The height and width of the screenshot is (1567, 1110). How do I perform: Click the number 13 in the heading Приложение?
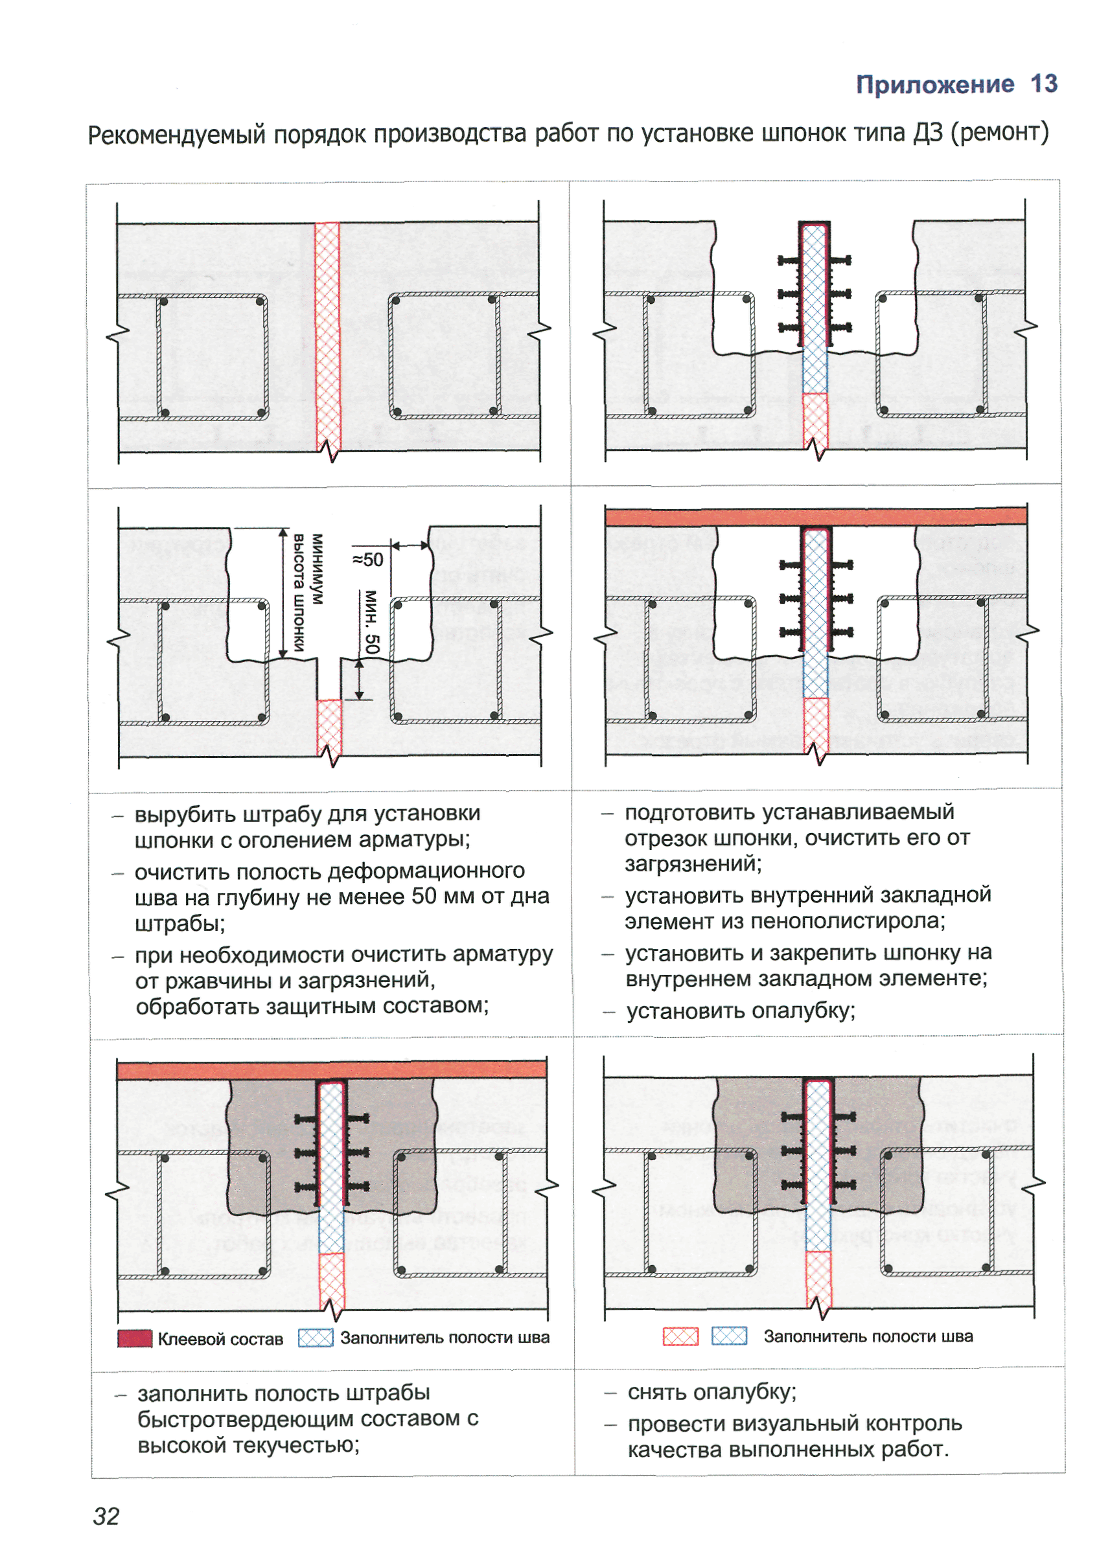pos(1043,84)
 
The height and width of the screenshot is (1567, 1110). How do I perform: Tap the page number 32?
pos(106,1516)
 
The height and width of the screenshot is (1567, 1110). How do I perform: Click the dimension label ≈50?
pos(367,560)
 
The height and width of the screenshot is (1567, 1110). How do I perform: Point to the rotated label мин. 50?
pos(371,621)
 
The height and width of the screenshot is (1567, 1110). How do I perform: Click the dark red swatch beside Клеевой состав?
pos(135,1338)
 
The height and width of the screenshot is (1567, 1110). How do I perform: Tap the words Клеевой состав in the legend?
pos(220,1339)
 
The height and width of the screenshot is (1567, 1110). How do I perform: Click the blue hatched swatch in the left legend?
pos(315,1338)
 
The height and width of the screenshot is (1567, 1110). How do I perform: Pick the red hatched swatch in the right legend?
pos(680,1336)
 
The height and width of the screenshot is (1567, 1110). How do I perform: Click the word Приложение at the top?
pos(934,85)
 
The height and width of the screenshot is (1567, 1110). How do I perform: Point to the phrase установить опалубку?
pos(741,1011)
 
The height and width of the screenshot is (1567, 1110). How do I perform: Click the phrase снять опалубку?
pos(711,1391)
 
